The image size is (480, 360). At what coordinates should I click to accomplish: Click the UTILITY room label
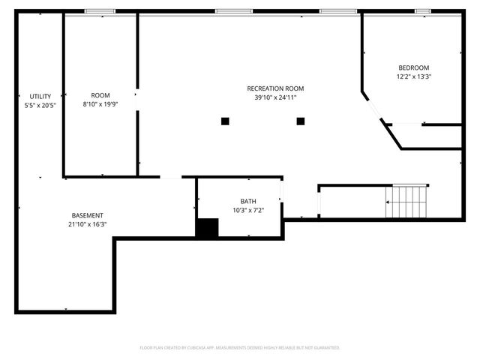[x=40, y=96]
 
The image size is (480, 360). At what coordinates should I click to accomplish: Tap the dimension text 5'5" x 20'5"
[x=40, y=105]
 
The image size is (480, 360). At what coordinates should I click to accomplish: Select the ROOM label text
[x=100, y=95]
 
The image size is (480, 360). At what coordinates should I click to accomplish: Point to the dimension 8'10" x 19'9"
[x=100, y=104]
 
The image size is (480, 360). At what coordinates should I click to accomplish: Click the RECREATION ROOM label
[x=275, y=88]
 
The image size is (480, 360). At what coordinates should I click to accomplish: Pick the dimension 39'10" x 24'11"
[x=275, y=97]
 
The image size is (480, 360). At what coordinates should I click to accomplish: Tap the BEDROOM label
[x=414, y=67]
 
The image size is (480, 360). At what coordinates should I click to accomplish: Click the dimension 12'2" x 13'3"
[x=414, y=76]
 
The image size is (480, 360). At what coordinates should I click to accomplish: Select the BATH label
[x=247, y=201]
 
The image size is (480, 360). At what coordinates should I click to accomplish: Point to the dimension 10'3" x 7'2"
[x=247, y=210]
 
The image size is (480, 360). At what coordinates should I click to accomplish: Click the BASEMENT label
[x=88, y=215]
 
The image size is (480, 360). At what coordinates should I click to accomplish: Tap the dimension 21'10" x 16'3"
[x=88, y=224]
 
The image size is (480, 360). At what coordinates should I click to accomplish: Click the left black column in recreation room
[x=225, y=121]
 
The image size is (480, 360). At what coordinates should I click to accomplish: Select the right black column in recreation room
[x=301, y=121]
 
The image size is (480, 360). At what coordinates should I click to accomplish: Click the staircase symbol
[x=406, y=200]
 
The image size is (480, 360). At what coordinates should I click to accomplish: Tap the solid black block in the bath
[x=206, y=228]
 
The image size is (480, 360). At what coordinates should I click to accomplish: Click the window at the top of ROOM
[x=100, y=11]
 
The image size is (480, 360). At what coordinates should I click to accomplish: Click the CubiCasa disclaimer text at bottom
[x=240, y=348]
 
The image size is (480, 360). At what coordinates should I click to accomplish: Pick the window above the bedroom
[x=423, y=11]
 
